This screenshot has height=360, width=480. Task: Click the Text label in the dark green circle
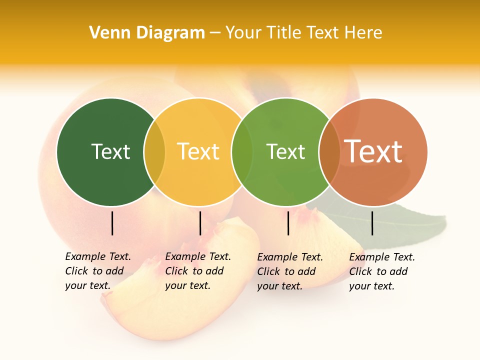[x=110, y=151]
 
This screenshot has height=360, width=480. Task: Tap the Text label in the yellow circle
[x=198, y=151]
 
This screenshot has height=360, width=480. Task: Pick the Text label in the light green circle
[x=285, y=151]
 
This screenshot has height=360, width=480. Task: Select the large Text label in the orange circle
[x=373, y=151]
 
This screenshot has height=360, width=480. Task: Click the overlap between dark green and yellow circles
[x=154, y=152]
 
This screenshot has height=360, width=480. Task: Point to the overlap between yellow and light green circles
[x=242, y=152]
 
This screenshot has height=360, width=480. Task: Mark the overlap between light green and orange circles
[x=329, y=152]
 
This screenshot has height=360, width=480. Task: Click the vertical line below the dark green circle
[x=112, y=223]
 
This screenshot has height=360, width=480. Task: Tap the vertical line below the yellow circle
[x=200, y=223]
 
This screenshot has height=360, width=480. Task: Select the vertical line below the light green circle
[x=288, y=223]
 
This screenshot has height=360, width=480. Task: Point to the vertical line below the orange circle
[x=372, y=223]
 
